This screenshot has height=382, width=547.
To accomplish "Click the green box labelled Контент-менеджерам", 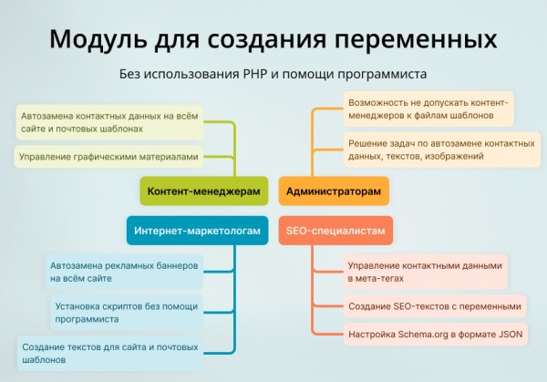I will point(204,191).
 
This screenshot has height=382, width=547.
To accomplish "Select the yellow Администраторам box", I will point(334,191).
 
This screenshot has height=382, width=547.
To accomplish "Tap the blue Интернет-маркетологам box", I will point(197,232).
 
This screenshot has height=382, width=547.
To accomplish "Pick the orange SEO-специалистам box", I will point(335,232).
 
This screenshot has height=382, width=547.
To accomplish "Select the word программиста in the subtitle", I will point(382,74).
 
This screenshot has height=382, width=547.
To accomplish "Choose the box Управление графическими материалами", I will point(107,157).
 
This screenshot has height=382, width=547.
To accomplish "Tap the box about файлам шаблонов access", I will point(428,108).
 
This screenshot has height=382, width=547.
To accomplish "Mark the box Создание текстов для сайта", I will point(109,353).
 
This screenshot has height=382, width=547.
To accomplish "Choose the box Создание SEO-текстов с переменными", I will point(435,306).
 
